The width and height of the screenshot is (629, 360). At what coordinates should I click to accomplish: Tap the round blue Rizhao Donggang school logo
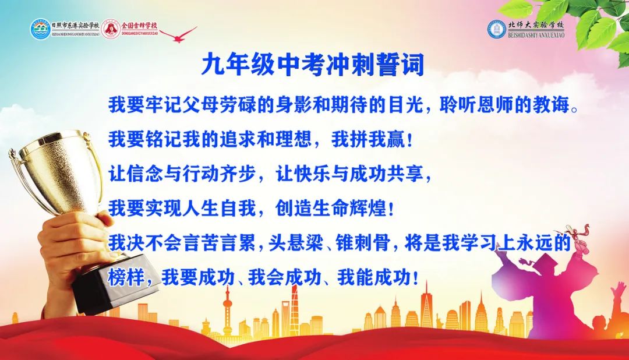[40, 30]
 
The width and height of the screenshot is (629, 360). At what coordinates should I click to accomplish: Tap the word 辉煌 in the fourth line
[370, 207]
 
